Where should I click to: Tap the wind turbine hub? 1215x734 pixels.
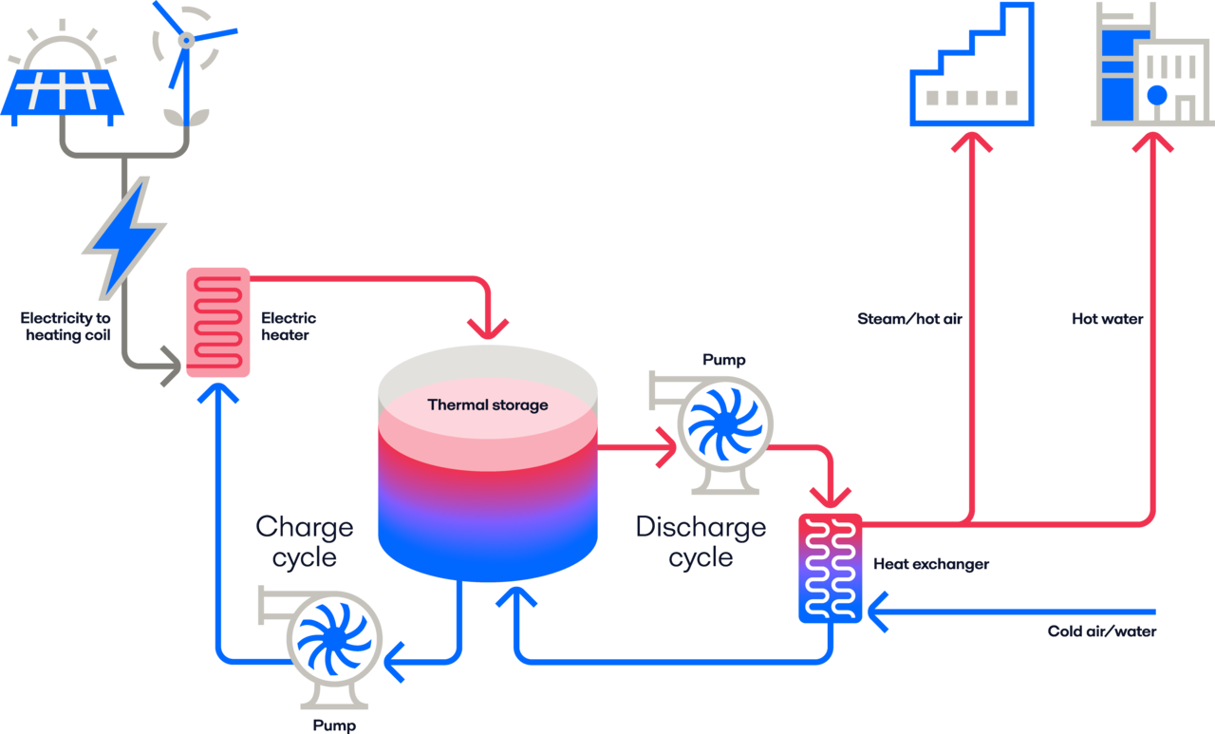click(187, 40)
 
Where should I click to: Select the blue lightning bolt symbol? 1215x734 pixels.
click(123, 237)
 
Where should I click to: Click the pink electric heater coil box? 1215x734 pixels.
click(217, 322)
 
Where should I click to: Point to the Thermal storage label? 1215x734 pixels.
click(488, 405)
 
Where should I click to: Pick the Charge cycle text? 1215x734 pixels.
click(304, 541)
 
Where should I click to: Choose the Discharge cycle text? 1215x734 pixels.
click(701, 541)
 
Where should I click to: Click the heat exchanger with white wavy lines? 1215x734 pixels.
click(831, 568)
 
